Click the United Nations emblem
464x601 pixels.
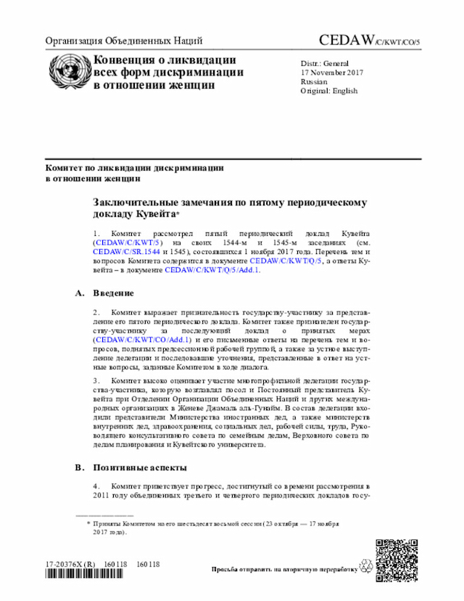[66, 72]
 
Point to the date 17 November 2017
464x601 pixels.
[332, 73]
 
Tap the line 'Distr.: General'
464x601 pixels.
[325, 63]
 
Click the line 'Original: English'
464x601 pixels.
[329, 91]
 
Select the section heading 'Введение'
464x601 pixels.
[113, 293]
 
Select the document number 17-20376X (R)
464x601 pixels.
[70, 565]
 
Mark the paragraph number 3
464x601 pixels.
[96, 380]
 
